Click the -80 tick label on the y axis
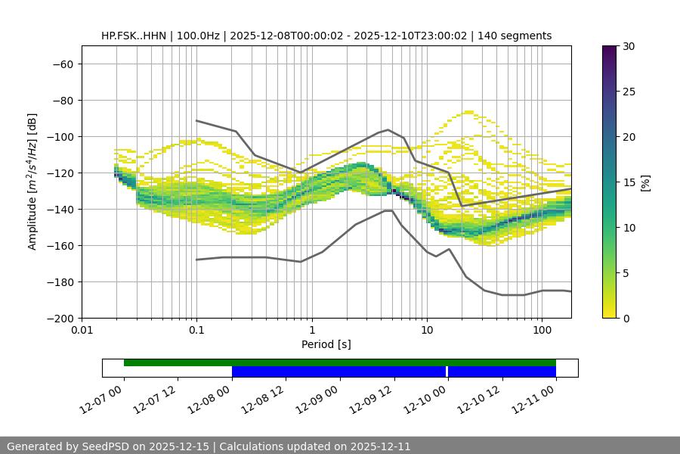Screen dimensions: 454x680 [61, 100]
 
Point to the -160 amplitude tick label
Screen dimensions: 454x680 [58, 245]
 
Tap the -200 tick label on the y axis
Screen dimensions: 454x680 [58, 318]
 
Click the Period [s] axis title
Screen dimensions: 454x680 [326, 345]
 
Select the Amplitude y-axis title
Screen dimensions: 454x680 [32, 182]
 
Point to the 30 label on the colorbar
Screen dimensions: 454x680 [629, 46]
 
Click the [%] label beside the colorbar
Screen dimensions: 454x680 [645, 182]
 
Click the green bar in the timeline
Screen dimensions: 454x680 [340, 362]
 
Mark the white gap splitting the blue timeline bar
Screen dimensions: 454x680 [447, 372]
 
